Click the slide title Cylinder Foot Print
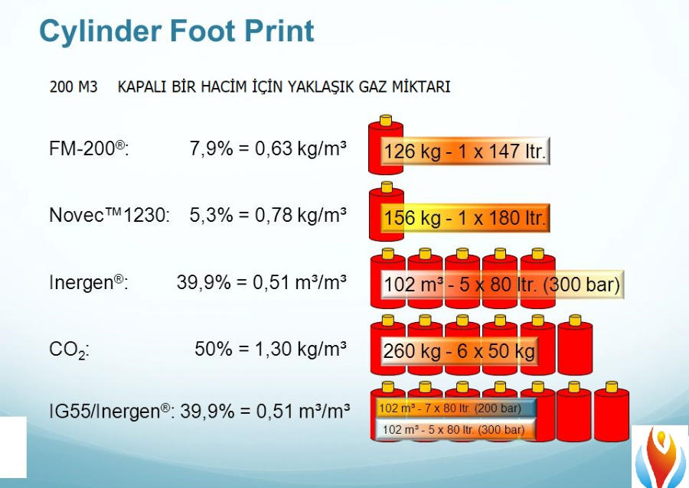[177, 31]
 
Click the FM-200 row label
[90, 149]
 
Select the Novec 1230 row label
[109, 215]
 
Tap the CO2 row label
[70, 350]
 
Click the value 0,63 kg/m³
[301, 148]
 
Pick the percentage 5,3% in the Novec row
[211, 215]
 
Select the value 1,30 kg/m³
[301, 349]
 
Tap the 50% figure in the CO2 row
[214, 349]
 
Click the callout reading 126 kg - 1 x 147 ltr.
[465, 151]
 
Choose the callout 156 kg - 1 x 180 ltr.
[465, 218]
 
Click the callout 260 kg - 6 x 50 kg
[459, 350]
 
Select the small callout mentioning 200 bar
[456, 408]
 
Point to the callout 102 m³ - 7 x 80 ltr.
[456, 408]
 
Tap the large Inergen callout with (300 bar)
[502, 285]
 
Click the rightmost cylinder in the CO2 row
[575, 345]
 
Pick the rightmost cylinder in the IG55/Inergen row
[612, 412]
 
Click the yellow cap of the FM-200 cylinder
[386, 120]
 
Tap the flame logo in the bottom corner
[661, 457]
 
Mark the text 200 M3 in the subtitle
[73, 87]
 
